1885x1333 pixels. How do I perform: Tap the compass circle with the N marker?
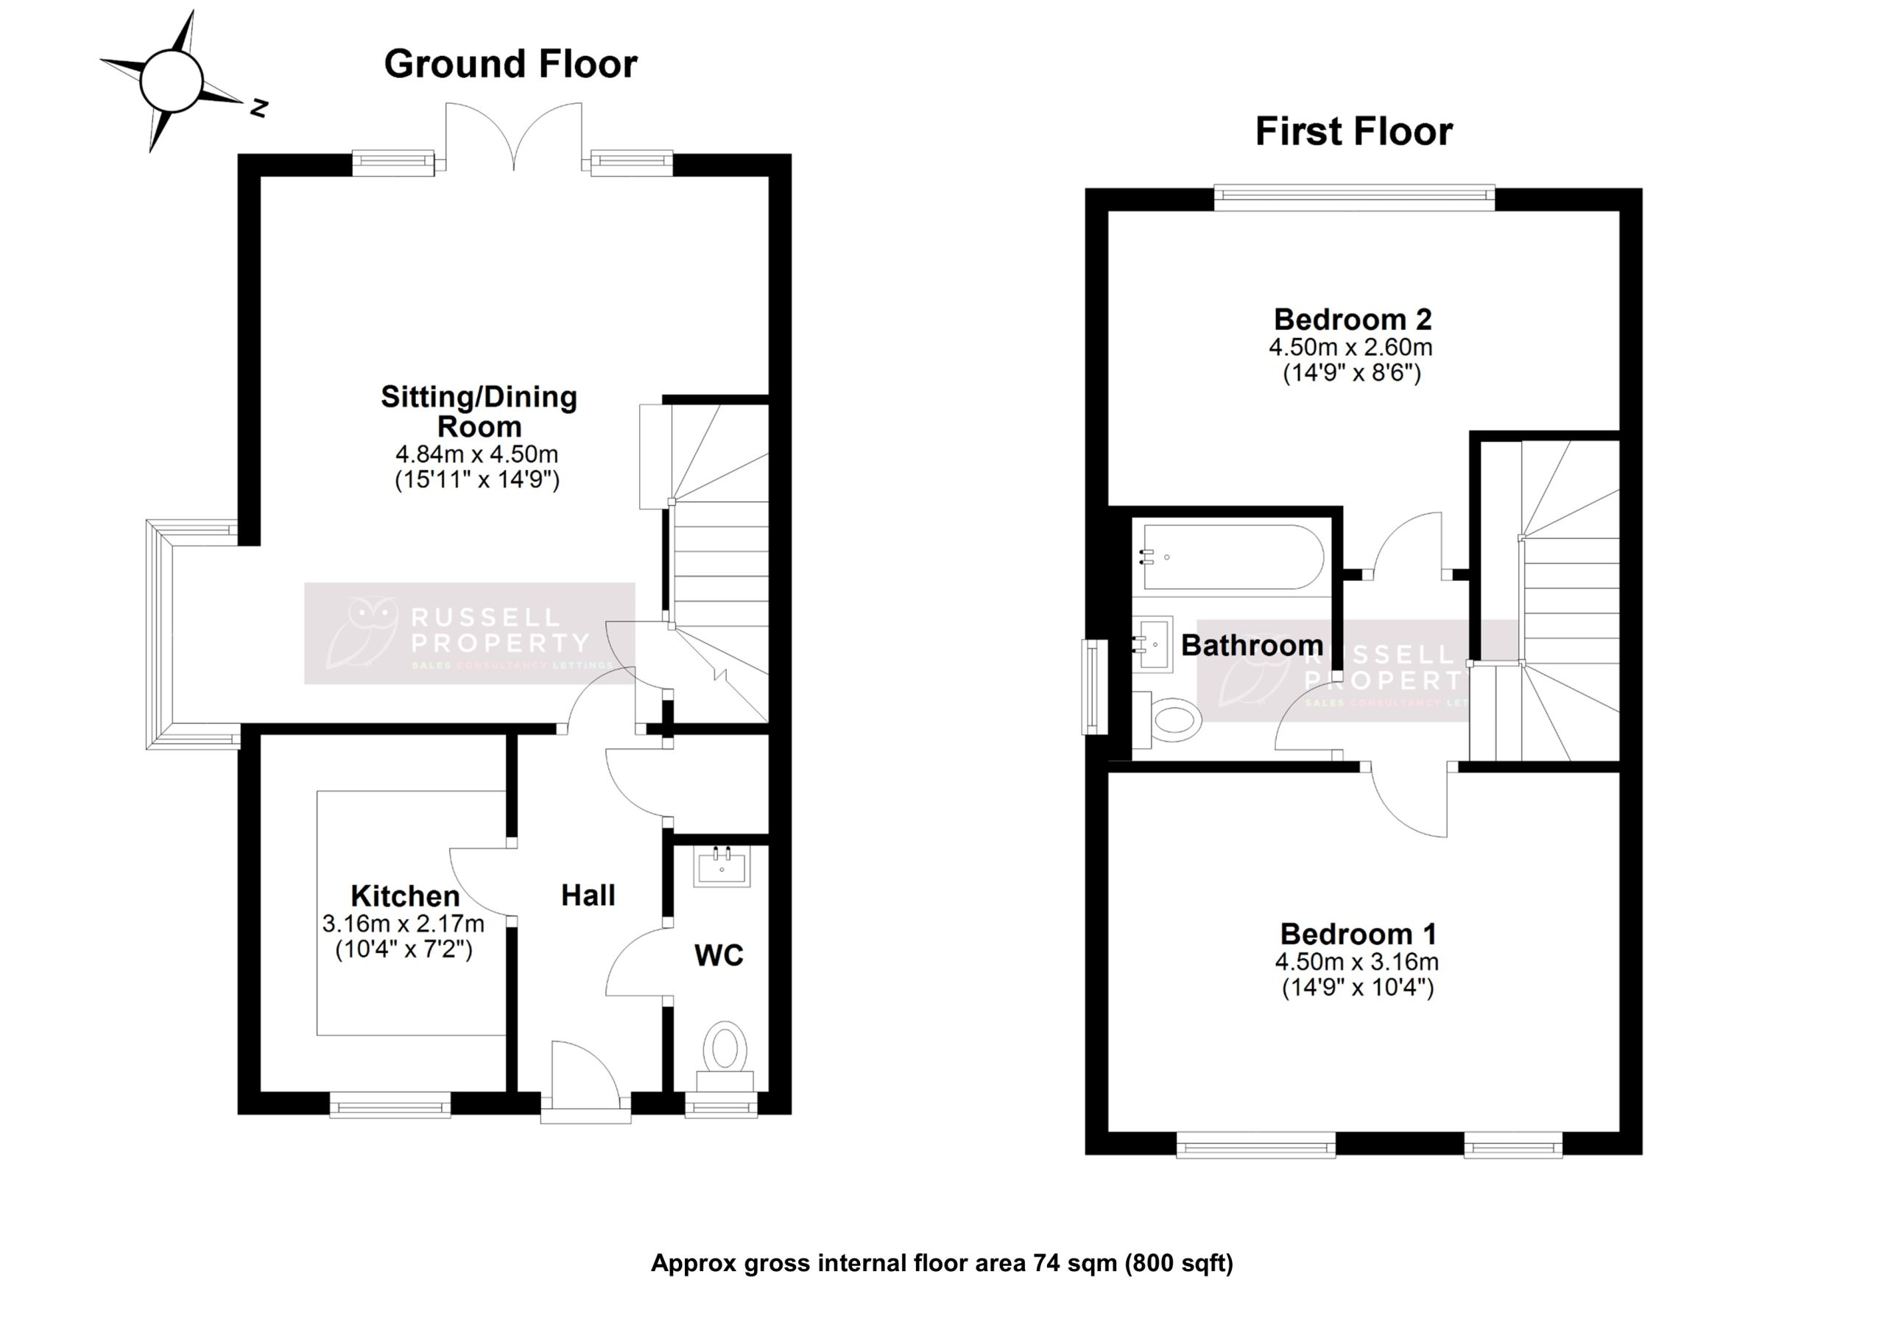171,80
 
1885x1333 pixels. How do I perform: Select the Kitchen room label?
405,896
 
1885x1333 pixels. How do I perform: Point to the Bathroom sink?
1155,644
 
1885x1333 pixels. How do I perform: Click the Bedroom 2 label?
1352,319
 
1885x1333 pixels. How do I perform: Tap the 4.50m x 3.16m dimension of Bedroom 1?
1356,961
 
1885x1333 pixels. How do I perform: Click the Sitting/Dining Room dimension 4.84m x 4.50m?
477,454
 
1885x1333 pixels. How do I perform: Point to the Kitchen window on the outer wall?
390,1105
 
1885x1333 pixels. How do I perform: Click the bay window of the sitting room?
160,634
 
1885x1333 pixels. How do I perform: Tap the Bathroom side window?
1093,686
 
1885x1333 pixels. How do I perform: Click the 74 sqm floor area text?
942,1262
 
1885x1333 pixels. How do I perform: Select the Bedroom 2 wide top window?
1354,194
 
